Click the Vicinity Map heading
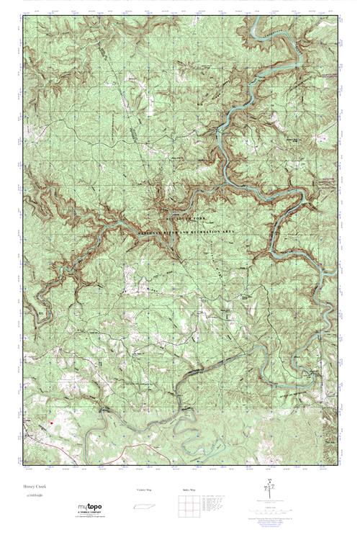144,490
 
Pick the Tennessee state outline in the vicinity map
144,508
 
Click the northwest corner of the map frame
22,16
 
